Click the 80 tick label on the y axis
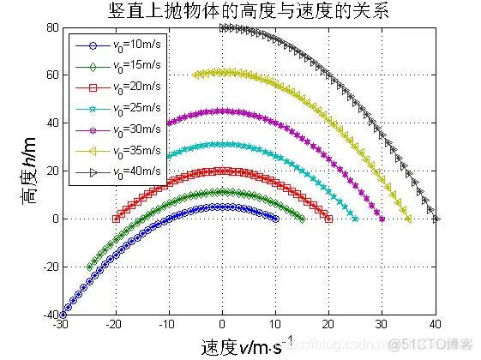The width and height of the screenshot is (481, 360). click(51, 27)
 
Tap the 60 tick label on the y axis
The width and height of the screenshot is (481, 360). click(51, 75)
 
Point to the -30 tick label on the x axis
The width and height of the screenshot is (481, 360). click(61, 325)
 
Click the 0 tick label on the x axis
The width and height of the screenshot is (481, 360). click(222, 325)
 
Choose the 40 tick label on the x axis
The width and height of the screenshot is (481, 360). click(436, 325)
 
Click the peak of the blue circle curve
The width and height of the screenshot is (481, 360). click(222, 207)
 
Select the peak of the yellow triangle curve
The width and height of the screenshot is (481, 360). click(222, 72)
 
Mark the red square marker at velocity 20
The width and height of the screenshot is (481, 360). click(329, 219)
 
